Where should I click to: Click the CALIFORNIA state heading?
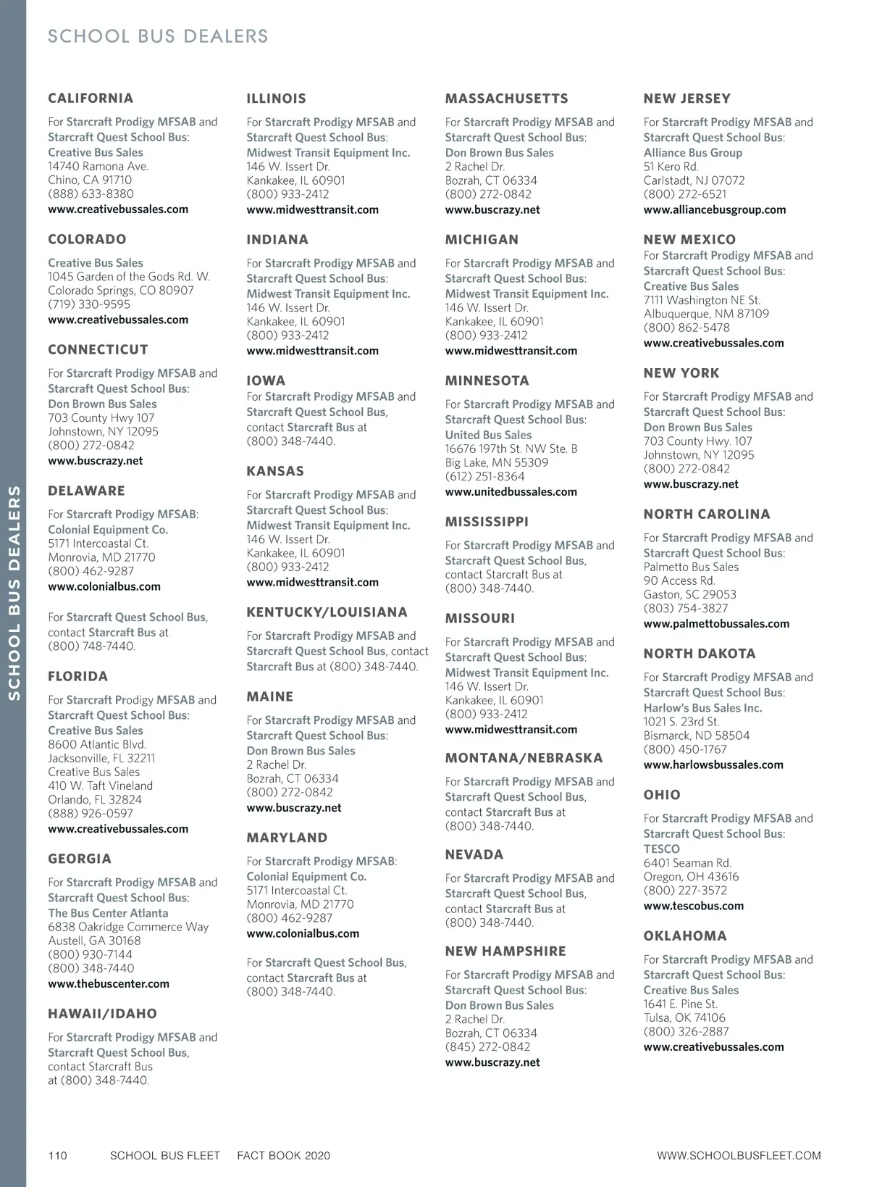[x=91, y=99]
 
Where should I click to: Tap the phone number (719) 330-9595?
[x=89, y=304]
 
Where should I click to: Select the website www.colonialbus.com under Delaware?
[x=104, y=586]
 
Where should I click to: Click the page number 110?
[x=58, y=1155]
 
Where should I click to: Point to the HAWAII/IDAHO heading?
[x=102, y=1014]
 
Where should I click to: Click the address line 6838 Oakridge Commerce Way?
[x=128, y=927]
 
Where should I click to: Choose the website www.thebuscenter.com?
[x=109, y=983]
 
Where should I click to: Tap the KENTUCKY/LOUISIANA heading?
[x=327, y=612]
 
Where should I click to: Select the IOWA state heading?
[x=266, y=380]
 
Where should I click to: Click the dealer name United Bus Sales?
[x=488, y=435]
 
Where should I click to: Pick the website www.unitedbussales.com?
[x=511, y=491]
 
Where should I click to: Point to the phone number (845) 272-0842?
[x=487, y=1046]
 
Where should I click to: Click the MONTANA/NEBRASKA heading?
[x=524, y=758]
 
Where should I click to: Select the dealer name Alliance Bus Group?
[x=693, y=153]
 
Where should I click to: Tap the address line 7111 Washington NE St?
[x=702, y=300]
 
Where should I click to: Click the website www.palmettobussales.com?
[x=716, y=623]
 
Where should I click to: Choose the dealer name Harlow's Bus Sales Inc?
[x=702, y=708]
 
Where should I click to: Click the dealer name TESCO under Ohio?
[x=662, y=849]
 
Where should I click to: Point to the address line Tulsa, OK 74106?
[x=684, y=1017]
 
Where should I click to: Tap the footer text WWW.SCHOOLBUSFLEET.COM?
[x=739, y=1155]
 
